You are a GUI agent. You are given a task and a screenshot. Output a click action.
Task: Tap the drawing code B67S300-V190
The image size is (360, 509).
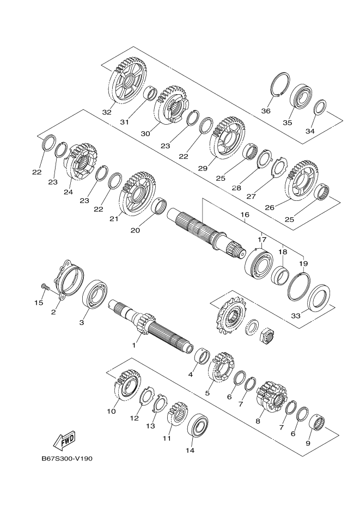[67, 459]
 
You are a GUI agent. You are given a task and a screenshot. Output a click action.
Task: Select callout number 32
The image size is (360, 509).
[106, 112]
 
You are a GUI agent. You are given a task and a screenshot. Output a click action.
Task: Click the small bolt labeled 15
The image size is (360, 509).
[45, 287]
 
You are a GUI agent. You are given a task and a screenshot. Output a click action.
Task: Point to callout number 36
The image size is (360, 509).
[266, 111]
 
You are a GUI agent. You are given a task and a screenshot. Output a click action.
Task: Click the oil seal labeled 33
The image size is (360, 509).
[319, 298]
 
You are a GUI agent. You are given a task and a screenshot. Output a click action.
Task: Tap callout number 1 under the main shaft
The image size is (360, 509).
[133, 345]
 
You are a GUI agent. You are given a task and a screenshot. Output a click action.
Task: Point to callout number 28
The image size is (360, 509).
[237, 188]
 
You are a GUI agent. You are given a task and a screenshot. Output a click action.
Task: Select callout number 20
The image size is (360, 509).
[135, 230]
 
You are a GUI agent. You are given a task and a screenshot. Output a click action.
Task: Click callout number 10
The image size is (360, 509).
[111, 412]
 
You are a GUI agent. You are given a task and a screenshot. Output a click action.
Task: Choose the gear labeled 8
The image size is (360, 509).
[272, 397]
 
